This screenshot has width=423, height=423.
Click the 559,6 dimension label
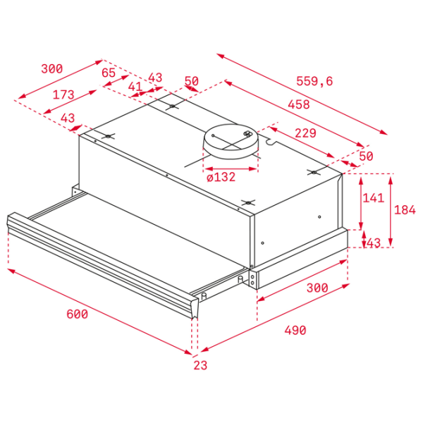[x=314, y=81]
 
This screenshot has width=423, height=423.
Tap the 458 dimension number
[x=299, y=104]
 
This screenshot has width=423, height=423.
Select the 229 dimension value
[x=305, y=133]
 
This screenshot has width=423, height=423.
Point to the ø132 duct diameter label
[x=221, y=177]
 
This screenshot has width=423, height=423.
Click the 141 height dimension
[x=374, y=197]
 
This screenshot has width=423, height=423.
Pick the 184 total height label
[x=405, y=209]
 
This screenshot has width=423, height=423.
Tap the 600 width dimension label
[x=77, y=314]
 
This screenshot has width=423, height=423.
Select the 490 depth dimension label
[x=295, y=330]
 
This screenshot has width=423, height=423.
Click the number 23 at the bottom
[x=200, y=365]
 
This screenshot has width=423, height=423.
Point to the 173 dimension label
[x=63, y=94]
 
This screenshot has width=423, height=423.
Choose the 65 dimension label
[x=109, y=73]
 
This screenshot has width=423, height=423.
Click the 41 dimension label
[x=135, y=87]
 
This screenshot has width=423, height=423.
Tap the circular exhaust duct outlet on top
[x=231, y=142]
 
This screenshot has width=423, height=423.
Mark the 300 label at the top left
[x=51, y=68]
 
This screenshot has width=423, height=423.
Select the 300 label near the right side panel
[x=317, y=288]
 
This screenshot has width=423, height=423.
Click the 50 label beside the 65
[x=192, y=81]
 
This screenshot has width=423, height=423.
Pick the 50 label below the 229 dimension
[x=366, y=157]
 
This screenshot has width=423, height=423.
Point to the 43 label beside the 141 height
[x=374, y=243]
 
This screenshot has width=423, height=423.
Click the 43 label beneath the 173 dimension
[x=68, y=118]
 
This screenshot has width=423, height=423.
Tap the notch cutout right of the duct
[x=271, y=142]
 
